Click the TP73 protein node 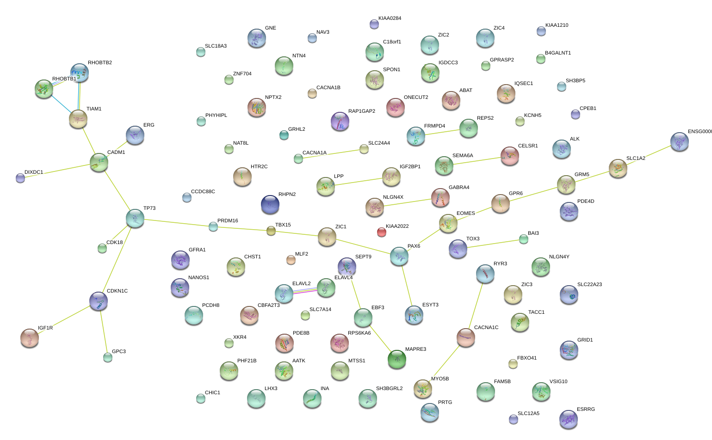(x=135, y=218)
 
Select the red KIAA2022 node (x=381, y=232)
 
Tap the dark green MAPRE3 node (x=396, y=359)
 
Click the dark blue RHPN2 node (x=270, y=204)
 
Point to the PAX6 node (x=399, y=256)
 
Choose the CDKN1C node (x=99, y=301)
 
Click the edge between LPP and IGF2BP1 (x=359, y=182)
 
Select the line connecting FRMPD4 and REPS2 (x=442, y=132)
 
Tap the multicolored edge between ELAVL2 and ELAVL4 (x=305, y=291)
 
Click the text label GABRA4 (x=459, y=188)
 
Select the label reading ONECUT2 (x=416, y=98)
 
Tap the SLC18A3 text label (x=216, y=46)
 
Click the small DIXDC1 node (x=20, y=178)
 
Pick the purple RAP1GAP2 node (x=340, y=121)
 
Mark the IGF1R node (x=30, y=338)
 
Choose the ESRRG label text (x=586, y=409)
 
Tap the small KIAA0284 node (x=374, y=24)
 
